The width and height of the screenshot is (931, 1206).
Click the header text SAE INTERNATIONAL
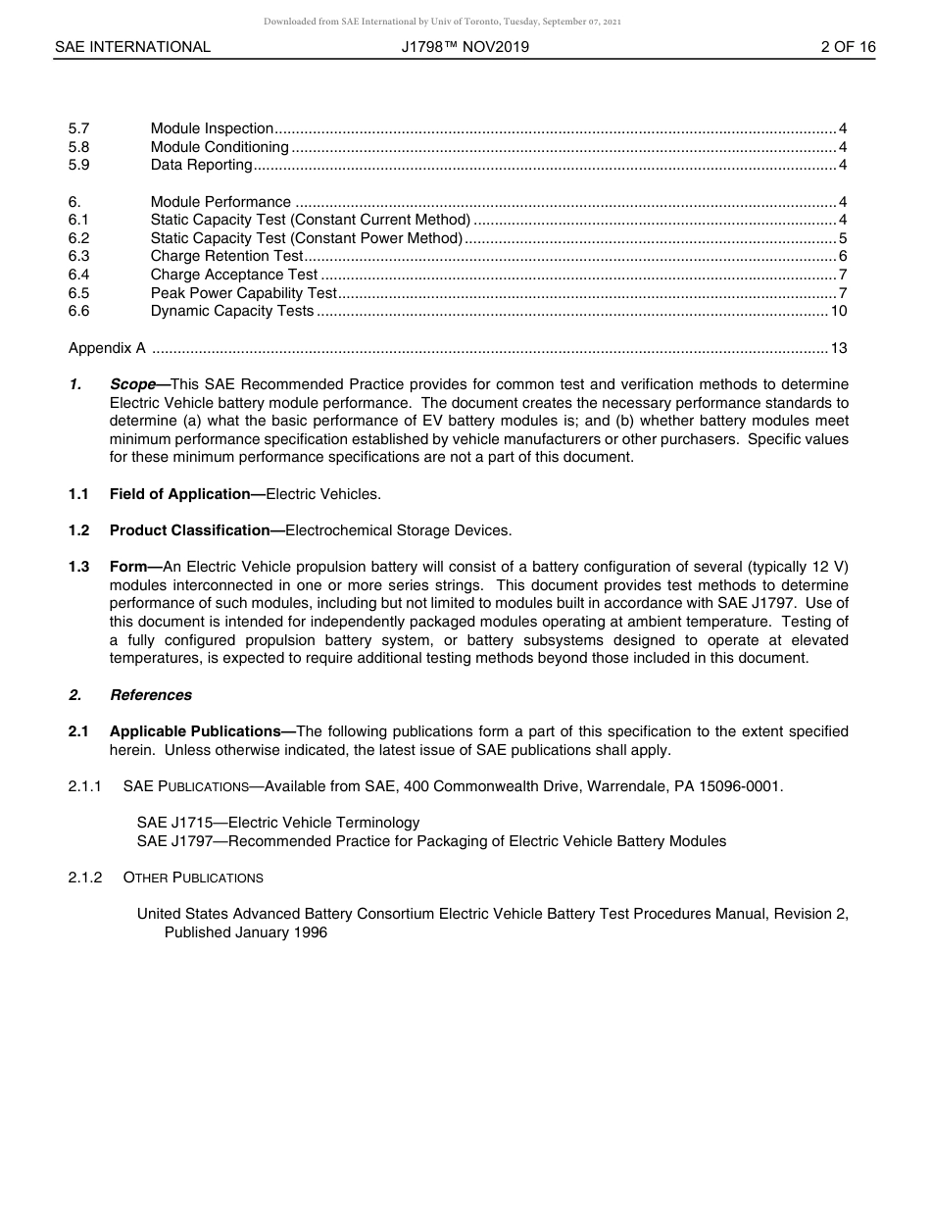pos(132,47)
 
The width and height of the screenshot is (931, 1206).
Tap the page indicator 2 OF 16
pos(848,47)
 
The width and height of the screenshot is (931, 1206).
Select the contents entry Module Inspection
pos(212,128)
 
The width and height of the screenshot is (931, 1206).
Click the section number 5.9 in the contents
pos(79,165)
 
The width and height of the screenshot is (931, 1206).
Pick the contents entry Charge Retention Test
pos(226,256)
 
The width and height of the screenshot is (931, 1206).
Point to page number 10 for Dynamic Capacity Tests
pos(839,311)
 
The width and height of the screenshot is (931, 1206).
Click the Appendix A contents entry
pos(107,348)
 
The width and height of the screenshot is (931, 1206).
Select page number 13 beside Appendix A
pos(839,348)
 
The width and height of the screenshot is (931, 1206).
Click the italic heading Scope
pos(132,384)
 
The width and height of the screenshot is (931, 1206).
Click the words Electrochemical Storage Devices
pos(398,530)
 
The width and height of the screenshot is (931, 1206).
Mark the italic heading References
pos(151,695)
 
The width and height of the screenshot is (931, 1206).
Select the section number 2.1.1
pos(85,786)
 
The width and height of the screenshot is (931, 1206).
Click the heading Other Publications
pos(193,878)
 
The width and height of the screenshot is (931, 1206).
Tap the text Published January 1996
pos(245,932)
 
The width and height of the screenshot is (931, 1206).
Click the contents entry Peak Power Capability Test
pos(243,293)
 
